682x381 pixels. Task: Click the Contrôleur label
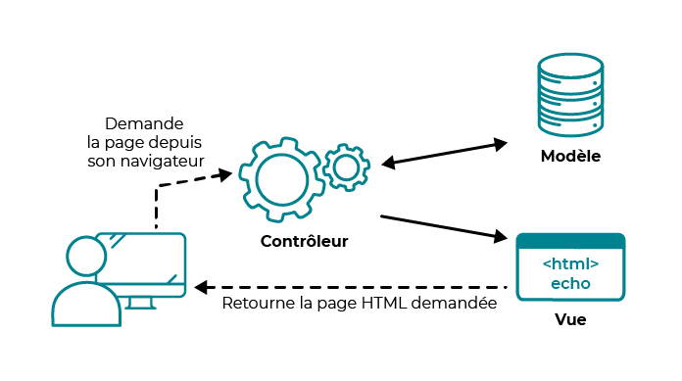[x=305, y=241]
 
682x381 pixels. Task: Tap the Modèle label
[x=570, y=157]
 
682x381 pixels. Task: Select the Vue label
[x=570, y=319]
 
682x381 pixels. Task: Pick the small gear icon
[x=345, y=167]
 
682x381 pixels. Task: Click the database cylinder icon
[x=571, y=96]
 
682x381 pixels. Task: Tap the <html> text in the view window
[x=570, y=264]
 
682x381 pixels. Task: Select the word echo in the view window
[x=570, y=284]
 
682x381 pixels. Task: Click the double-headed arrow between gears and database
[x=444, y=153]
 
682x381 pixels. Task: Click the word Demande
[x=144, y=123]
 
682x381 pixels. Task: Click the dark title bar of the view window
[x=570, y=241]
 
